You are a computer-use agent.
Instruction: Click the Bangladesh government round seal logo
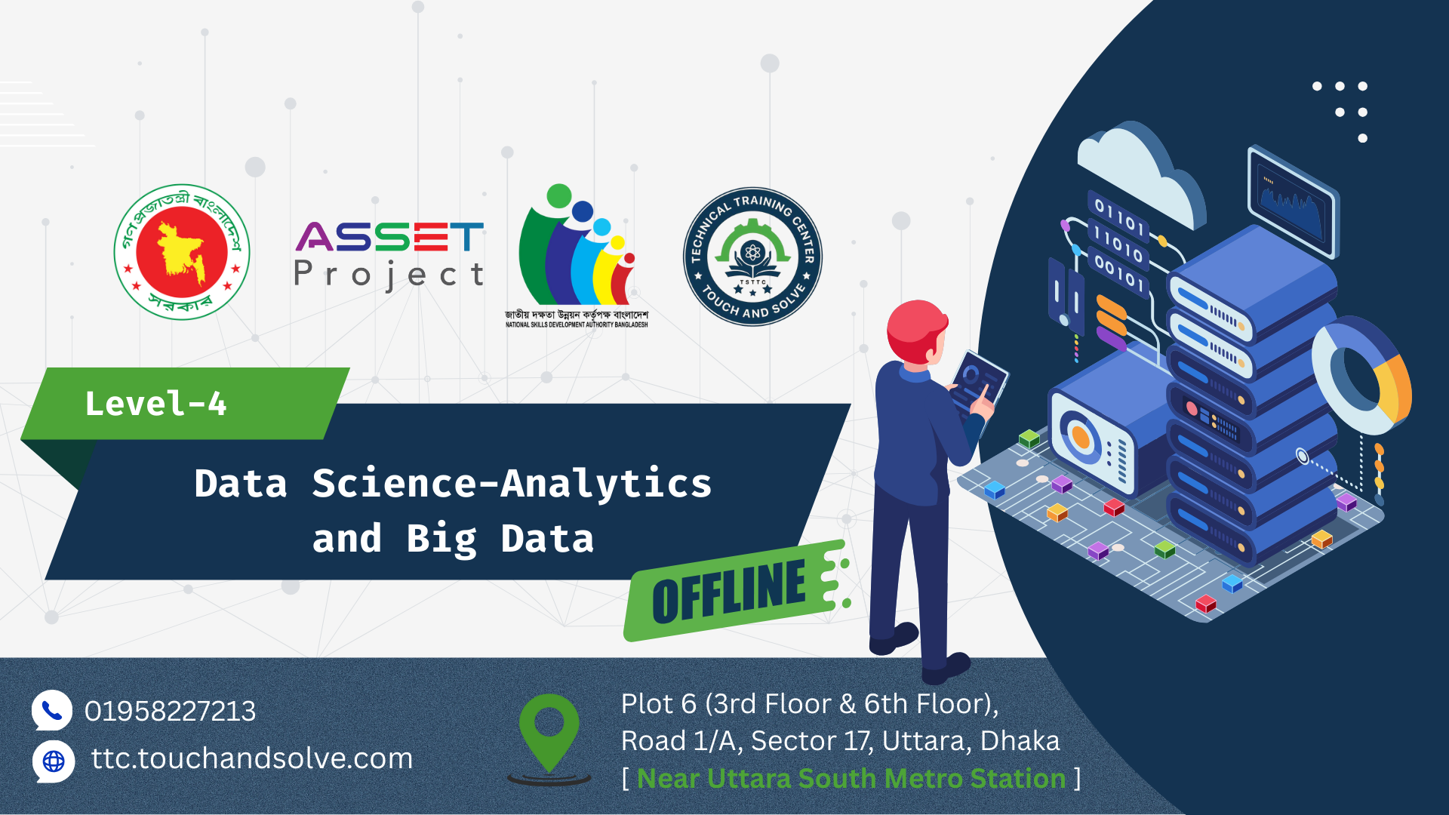(x=182, y=252)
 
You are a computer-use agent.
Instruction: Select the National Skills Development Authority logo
(x=577, y=255)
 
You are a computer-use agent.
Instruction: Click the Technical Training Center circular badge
(x=752, y=257)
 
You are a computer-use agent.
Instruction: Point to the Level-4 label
(x=155, y=404)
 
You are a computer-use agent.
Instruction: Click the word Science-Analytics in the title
(x=512, y=484)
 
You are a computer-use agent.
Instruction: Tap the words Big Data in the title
(x=500, y=539)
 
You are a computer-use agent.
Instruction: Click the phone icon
(x=51, y=710)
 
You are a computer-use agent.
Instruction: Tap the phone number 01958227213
(x=170, y=711)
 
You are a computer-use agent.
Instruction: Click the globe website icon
(x=54, y=761)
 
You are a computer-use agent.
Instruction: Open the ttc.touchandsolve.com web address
(x=252, y=758)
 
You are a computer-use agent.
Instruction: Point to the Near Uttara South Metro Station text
(x=851, y=778)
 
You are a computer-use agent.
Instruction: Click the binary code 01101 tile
(x=1120, y=215)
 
